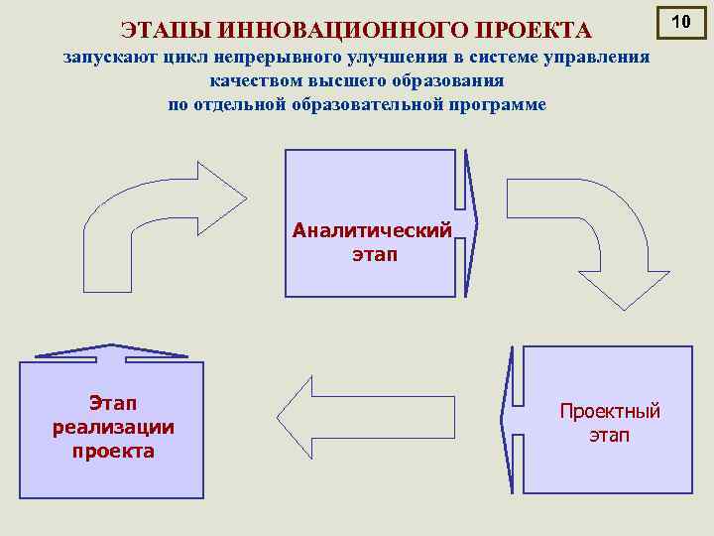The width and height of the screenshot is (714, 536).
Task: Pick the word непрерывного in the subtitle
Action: pos(260,60)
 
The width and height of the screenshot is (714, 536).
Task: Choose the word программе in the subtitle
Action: pos(494,104)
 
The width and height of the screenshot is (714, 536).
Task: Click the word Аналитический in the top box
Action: pos(372,230)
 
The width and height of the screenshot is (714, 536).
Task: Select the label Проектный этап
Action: pos(609,423)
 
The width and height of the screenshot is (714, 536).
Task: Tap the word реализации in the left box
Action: pos(113,427)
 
